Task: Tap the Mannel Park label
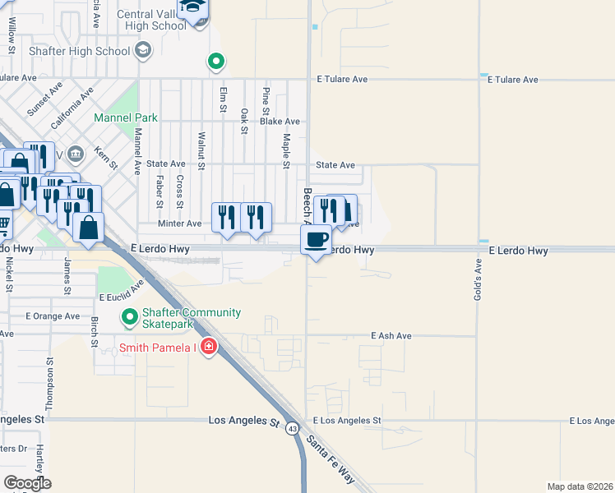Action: pos(125,117)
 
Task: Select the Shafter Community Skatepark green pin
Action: pos(129,316)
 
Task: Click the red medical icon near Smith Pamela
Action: pos(209,347)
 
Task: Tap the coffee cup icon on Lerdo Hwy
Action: pos(316,239)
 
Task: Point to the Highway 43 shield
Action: pos(293,427)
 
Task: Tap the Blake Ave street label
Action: pos(280,122)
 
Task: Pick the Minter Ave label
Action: pos(180,223)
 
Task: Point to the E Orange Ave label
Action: pos(53,316)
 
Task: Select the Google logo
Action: pos(27,483)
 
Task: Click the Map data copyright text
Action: pos(580,486)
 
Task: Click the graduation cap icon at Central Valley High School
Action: pos(195,10)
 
